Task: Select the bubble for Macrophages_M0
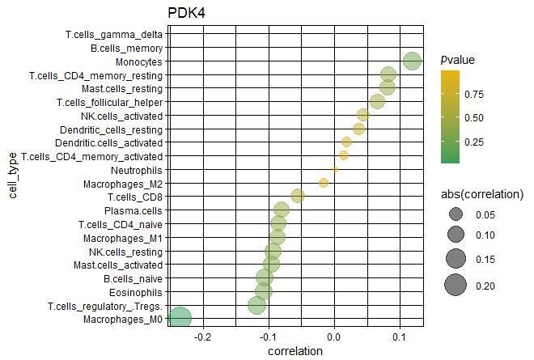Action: pyautogui.click(x=179, y=319)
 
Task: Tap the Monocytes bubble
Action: pyautogui.click(x=413, y=61)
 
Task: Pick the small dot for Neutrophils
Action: pyautogui.click(x=335, y=169)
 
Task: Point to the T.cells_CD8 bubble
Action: pyautogui.click(x=298, y=196)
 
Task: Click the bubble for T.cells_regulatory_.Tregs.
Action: pyautogui.click(x=256, y=305)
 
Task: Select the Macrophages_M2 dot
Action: pyautogui.click(x=324, y=183)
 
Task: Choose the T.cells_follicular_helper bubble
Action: pyautogui.click(x=377, y=101)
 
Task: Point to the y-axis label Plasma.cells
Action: pyautogui.click(x=136, y=210)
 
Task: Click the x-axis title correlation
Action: pyautogui.click(x=295, y=351)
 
